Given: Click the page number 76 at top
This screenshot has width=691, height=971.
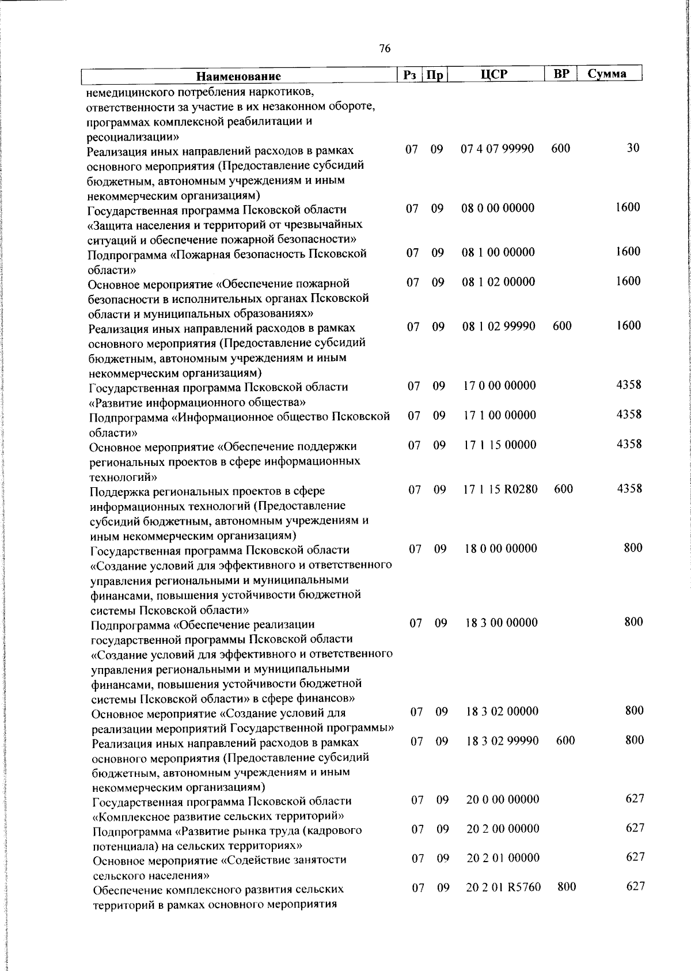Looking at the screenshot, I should (x=385, y=48).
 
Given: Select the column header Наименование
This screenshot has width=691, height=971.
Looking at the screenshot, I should (x=238, y=76).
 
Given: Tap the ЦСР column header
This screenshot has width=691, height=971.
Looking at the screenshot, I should (x=495, y=74).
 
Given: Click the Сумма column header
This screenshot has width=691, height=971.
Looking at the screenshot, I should (x=607, y=74).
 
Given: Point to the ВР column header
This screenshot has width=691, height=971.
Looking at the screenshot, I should (x=561, y=74).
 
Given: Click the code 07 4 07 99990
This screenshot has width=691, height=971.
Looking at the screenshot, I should (x=498, y=149).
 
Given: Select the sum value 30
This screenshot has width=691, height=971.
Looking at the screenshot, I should (x=633, y=148).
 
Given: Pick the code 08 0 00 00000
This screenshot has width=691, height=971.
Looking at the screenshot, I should (x=498, y=208).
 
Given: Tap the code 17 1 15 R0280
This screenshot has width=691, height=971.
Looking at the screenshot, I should (x=500, y=489).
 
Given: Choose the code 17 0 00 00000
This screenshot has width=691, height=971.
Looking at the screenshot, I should (x=499, y=385).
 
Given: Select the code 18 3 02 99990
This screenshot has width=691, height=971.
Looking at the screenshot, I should (x=502, y=741).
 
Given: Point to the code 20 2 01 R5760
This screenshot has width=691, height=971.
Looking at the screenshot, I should (x=503, y=887).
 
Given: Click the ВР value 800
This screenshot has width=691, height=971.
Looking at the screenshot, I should (x=567, y=887).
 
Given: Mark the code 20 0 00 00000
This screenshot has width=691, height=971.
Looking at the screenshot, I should (x=503, y=799).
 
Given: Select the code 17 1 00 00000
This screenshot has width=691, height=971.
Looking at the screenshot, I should (x=499, y=415).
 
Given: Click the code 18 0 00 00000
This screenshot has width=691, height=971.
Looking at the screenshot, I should (x=501, y=548).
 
